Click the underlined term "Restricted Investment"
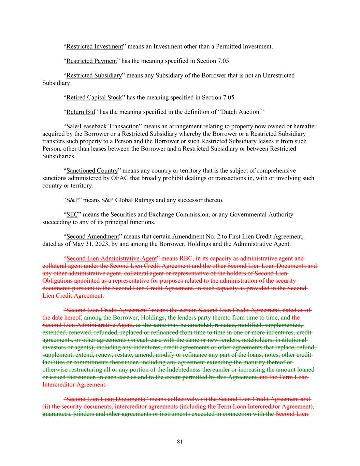(x=94, y=46)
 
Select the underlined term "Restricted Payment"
(x=91, y=61)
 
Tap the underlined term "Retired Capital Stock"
(x=94, y=98)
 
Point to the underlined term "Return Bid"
(x=81, y=112)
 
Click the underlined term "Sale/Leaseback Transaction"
(x=102, y=126)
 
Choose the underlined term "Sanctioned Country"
(x=92, y=171)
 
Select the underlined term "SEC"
(x=72, y=214)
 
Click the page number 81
(x=180, y=442)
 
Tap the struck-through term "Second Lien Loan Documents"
(x=106, y=399)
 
